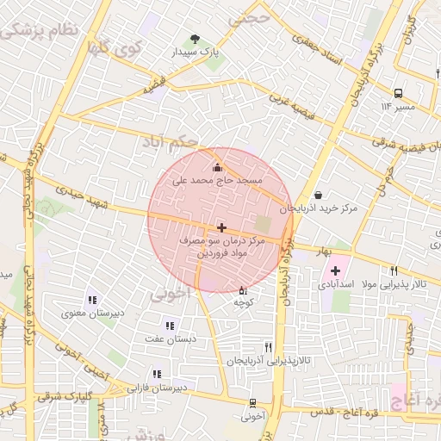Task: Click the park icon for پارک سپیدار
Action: click(196, 39)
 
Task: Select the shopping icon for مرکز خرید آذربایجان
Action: click(320, 196)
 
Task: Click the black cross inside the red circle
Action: click(222, 227)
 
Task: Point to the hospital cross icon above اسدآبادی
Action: click(336, 270)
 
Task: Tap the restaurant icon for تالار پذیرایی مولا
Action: click(394, 270)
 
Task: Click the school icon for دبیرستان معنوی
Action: click(91, 300)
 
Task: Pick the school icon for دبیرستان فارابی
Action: click(157, 374)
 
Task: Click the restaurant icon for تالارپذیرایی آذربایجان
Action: click(268, 346)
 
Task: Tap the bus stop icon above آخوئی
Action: click(252, 402)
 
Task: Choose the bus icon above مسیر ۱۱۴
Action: click(398, 93)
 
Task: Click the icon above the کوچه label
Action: click(242, 290)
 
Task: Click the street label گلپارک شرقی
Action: click(65, 398)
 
